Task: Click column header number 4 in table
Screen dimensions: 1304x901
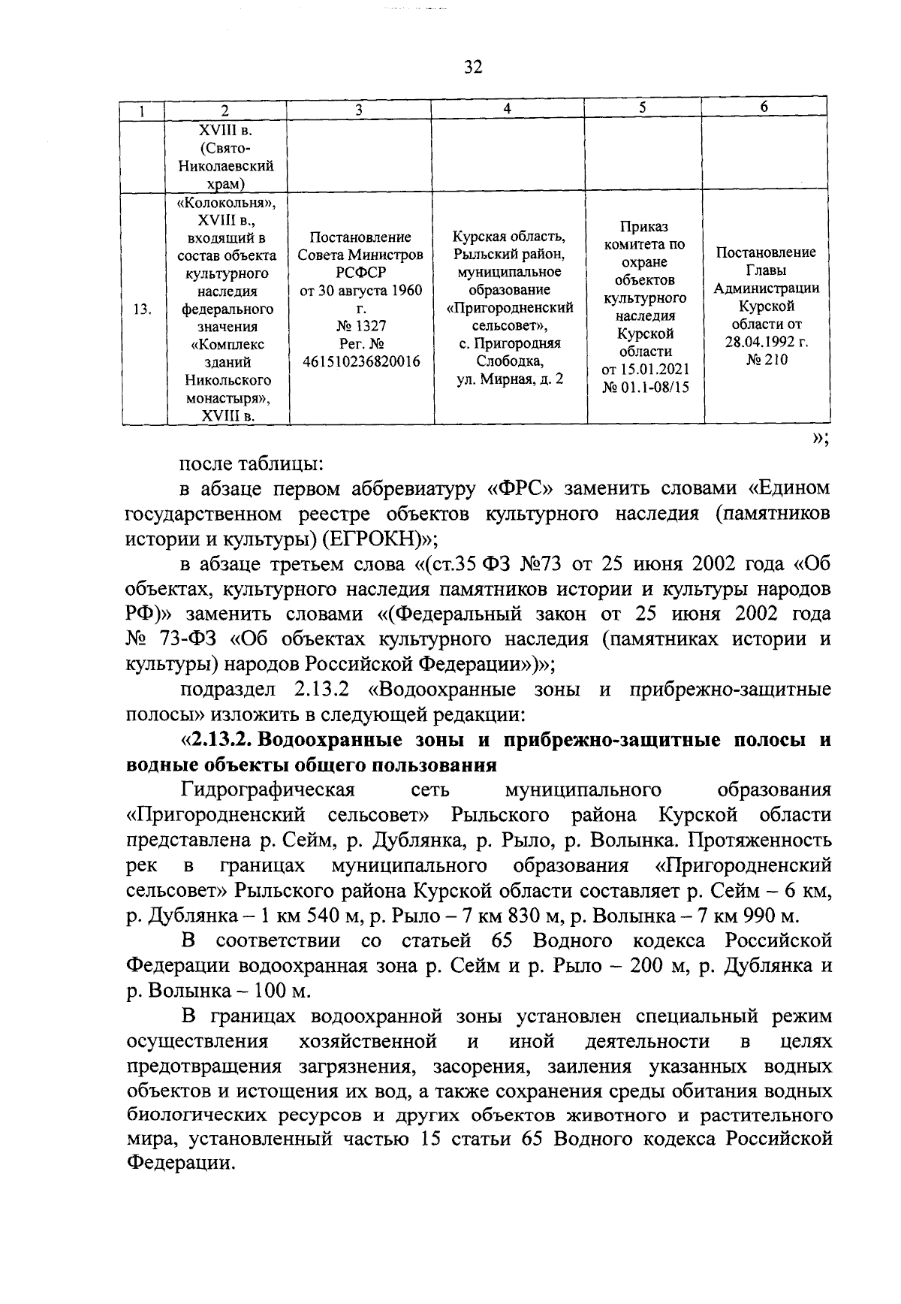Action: point(508,108)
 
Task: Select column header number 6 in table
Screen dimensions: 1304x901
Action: point(764,107)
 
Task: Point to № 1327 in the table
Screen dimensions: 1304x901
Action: point(360,326)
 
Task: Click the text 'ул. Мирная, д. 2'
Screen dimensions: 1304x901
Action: point(510,379)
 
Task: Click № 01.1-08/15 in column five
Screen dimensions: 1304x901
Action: point(645,388)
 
